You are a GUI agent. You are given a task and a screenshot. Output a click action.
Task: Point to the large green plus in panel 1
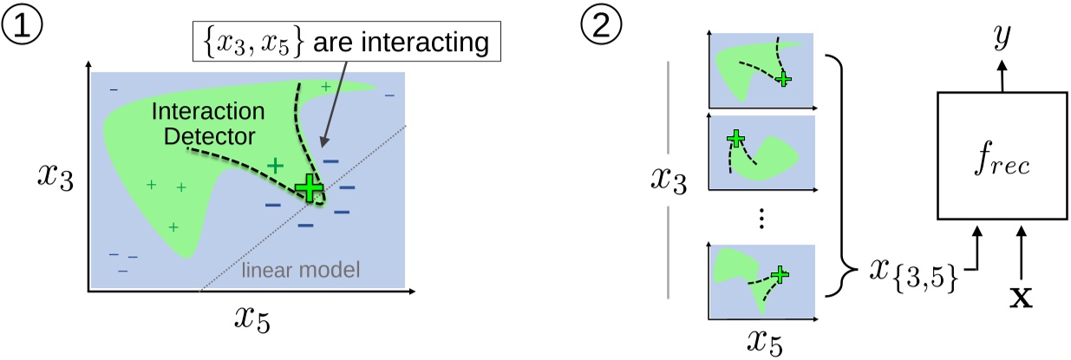click(308, 188)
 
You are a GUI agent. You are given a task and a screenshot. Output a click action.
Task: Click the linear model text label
click(301, 272)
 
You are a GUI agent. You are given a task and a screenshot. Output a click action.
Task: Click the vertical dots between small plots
click(761, 219)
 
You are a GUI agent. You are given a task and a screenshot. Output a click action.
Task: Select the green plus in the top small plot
click(783, 79)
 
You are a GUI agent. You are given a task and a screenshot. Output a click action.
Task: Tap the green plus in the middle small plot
click(735, 139)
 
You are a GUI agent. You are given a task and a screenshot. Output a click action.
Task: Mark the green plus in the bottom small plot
click(780, 274)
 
